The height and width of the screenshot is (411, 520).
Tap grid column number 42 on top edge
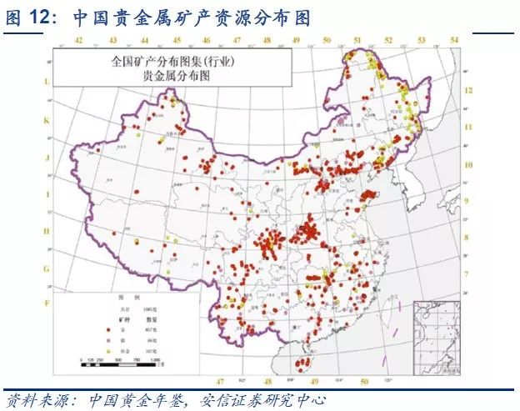(x=79, y=41)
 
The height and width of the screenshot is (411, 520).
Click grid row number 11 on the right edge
(x=469, y=127)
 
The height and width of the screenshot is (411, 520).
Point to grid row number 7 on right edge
(x=469, y=273)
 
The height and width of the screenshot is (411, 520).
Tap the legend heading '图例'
(x=124, y=298)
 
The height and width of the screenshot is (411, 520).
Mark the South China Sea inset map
(x=437, y=333)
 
